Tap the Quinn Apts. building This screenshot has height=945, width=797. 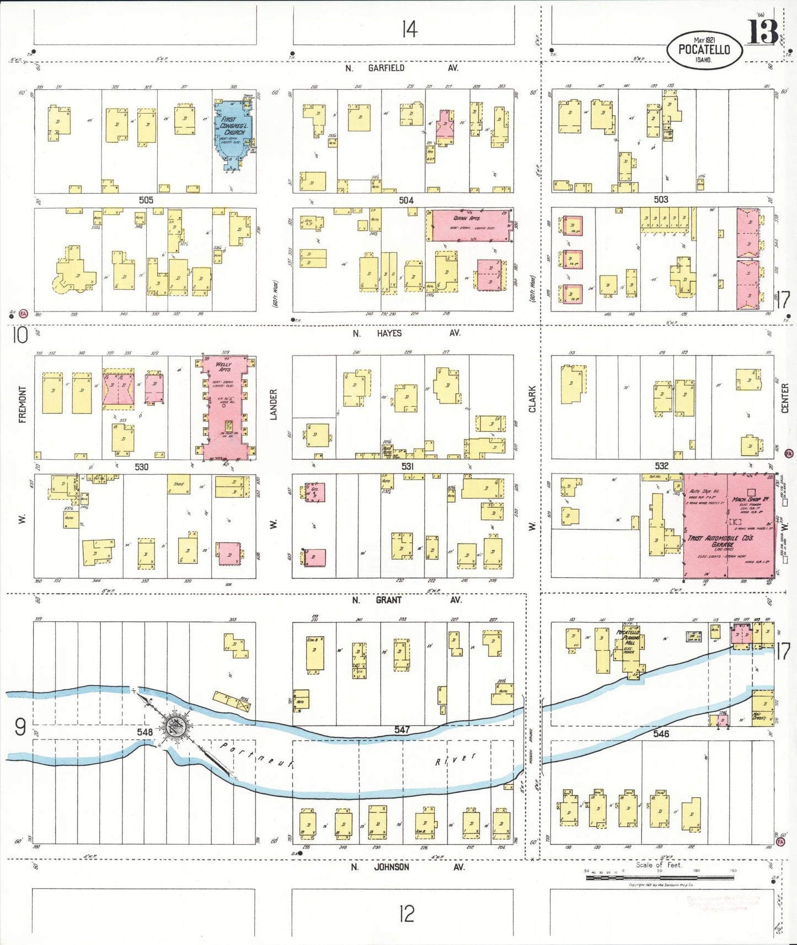click(x=469, y=224)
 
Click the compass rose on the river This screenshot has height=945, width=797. click(x=177, y=727)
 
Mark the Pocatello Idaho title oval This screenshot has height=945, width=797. click(x=704, y=49)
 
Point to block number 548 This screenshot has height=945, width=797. click(x=145, y=732)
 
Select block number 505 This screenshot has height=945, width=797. click(x=146, y=200)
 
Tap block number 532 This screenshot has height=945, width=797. click(x=661, y=466)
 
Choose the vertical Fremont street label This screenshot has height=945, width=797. click(x=23, y=404)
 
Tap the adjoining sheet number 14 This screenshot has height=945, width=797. click(x=409, y=29)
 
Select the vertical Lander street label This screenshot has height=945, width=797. click(x=273, y=404)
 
